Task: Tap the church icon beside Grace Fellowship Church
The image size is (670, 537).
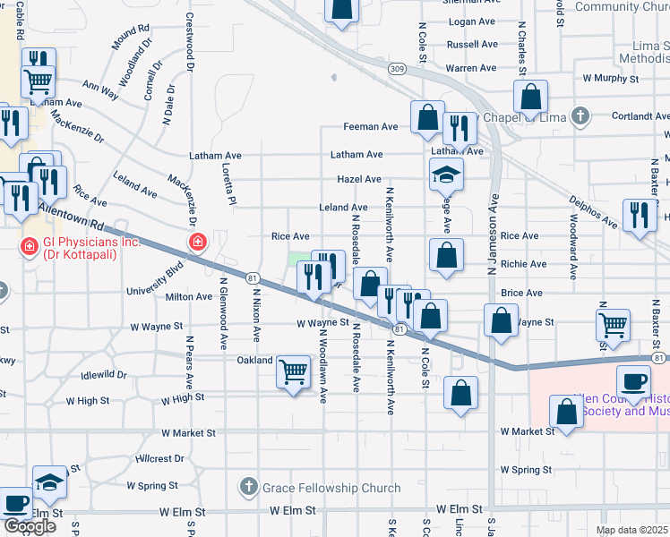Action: [249, 488]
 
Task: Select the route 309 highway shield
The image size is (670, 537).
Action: [398, 68]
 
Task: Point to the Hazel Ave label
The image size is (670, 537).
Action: [360, 179]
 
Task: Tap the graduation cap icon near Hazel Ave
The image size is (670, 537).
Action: [446, 175]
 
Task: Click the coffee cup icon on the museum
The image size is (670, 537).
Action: [634, 381]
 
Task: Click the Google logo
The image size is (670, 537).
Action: [30, 526]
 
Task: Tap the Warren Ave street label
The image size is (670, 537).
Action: [471, 68]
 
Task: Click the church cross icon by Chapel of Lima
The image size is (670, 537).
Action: [581, 115]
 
